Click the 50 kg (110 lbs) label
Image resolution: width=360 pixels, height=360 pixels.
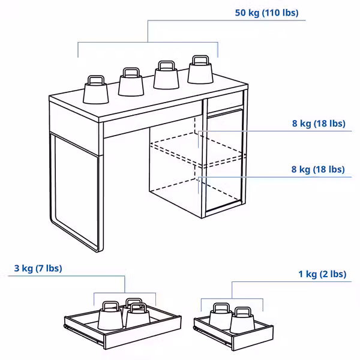267,13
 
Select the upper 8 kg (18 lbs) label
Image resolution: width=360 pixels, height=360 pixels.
319,124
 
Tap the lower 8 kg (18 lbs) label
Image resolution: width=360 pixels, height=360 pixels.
318,169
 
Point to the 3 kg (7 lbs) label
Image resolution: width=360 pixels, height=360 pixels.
38,268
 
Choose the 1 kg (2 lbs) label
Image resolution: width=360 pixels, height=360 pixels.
322,274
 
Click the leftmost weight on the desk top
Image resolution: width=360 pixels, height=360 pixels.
95,92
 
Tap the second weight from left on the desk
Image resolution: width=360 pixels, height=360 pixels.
131,84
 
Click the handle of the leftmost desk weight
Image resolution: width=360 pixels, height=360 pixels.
95,79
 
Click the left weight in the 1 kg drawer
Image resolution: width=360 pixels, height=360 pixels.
220,319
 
